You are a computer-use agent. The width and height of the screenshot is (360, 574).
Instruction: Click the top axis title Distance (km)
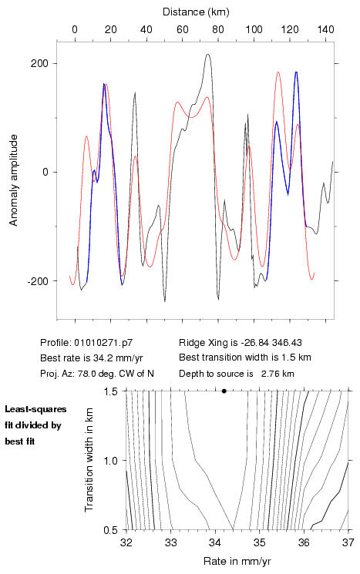point(196,12)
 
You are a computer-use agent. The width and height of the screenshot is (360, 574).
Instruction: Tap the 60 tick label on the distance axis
point(183,29)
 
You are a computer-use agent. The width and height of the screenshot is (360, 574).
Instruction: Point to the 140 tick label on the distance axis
point(325,29)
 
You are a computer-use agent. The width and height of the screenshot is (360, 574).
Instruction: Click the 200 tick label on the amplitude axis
point(39,63)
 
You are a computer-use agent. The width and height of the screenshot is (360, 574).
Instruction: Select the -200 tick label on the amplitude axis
point(38,281)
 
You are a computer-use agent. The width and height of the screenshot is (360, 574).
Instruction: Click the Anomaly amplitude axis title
point(14,180)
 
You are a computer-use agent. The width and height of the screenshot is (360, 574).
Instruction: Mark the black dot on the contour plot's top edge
point(224,391)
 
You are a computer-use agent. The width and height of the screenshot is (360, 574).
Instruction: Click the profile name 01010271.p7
point(103,343)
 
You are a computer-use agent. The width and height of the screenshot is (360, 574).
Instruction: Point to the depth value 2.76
point(269,374)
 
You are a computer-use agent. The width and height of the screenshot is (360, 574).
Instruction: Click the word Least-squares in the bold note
point(35,409)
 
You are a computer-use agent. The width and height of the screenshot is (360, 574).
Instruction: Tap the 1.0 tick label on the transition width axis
point(110,461)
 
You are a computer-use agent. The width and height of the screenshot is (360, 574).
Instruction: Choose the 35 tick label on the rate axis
point(259,542)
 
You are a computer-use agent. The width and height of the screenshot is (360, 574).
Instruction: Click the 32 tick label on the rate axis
point(126,542)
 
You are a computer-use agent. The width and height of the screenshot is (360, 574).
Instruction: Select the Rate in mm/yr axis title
point(237,561)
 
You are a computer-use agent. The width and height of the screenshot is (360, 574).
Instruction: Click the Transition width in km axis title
point(89,460)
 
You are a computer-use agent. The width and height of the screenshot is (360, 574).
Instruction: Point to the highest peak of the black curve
point(208,55)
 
